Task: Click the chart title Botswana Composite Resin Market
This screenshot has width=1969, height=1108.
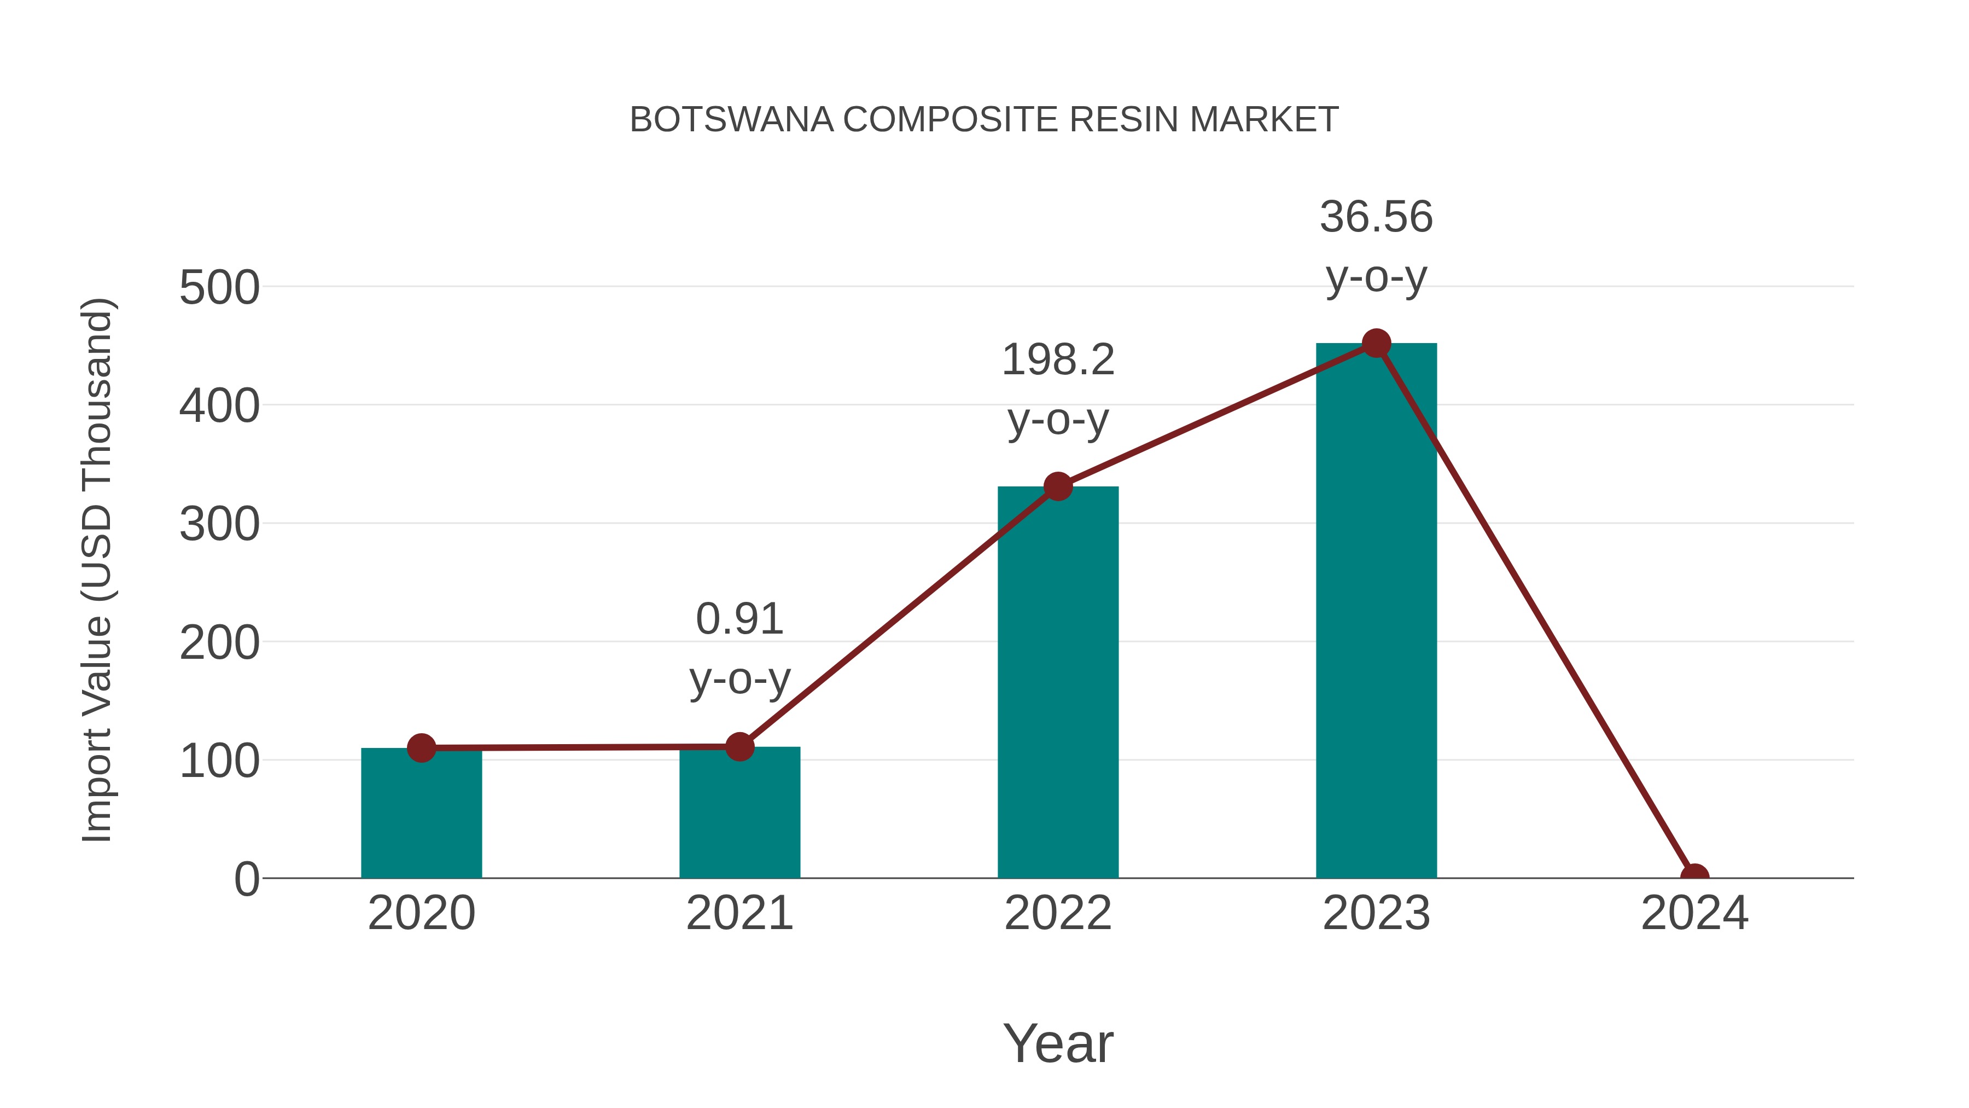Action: pos(984,120)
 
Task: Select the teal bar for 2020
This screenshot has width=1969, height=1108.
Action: pos(421,818)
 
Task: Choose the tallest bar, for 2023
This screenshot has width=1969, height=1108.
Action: pos(1376,612)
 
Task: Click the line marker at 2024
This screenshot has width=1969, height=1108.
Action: pos(1694,877)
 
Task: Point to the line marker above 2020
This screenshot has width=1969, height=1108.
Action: pos(421,748)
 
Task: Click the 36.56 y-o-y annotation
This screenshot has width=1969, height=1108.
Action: pos(1376,246)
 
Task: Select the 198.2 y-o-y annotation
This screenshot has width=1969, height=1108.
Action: pos(1058,389)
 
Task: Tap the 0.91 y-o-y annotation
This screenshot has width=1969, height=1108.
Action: pos(739,648)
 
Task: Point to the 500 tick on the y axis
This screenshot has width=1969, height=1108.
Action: pos(219,288)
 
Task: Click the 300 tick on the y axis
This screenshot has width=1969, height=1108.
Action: pos(219,525)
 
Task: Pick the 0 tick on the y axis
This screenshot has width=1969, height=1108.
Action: pos(246,879)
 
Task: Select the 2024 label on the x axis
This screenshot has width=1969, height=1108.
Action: pos(1694,913)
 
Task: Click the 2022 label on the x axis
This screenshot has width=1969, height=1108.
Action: pos(1058,913)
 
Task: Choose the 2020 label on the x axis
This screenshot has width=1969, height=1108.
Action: pos(421,913)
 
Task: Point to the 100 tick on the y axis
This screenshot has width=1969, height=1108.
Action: pos(219,762)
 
